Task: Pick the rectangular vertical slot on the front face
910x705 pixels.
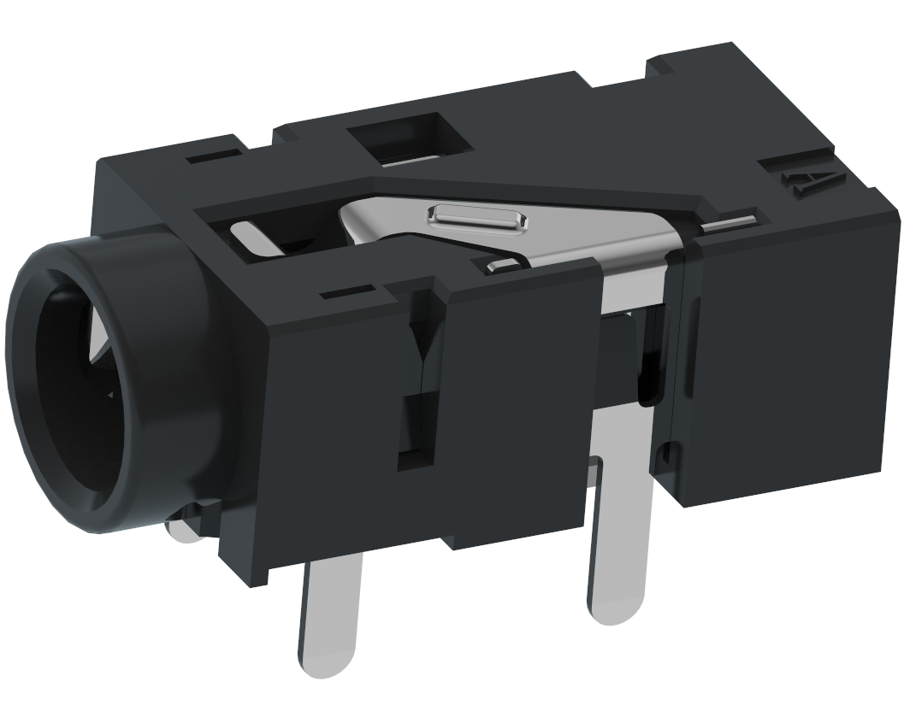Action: click(x=417, y=432)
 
